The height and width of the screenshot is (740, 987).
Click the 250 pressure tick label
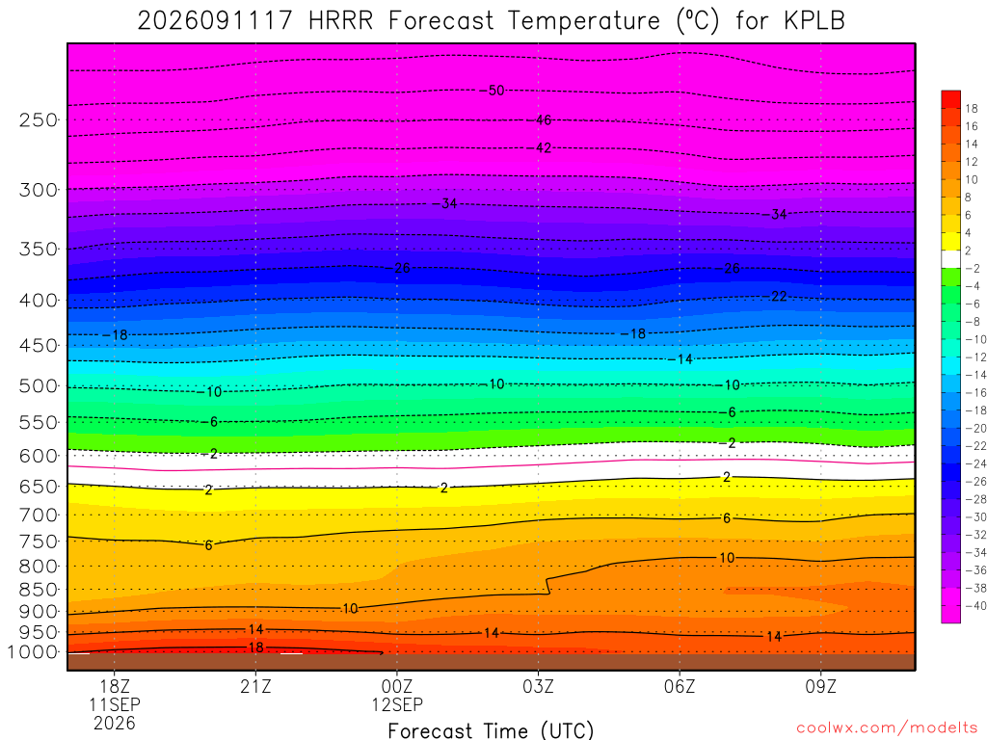(39, 119)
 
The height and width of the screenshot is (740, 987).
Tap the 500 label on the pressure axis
(39, 385)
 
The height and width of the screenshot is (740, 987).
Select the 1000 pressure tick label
(33, 652)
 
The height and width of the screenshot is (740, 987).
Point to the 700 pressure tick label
(39, 515)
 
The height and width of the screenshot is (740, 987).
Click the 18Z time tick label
(115, 686)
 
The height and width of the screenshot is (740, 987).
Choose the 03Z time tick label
(538, 686)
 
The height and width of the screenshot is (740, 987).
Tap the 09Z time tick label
(821, 686)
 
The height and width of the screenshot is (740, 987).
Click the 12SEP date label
(397, 704)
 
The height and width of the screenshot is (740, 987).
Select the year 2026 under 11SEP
(115, 724)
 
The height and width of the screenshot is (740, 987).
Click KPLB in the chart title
(814, 21)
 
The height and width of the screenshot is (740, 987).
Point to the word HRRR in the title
(340, 21)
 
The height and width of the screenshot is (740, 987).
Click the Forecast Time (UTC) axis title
(491, 730)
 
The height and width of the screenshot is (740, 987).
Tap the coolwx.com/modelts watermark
(887, 728)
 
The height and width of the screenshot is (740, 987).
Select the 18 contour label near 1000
(255, 647)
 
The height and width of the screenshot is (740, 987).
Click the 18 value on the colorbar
(972, 109)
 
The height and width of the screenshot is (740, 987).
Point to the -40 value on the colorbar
(975, 606)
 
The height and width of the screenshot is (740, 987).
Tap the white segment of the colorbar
(951, 259)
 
